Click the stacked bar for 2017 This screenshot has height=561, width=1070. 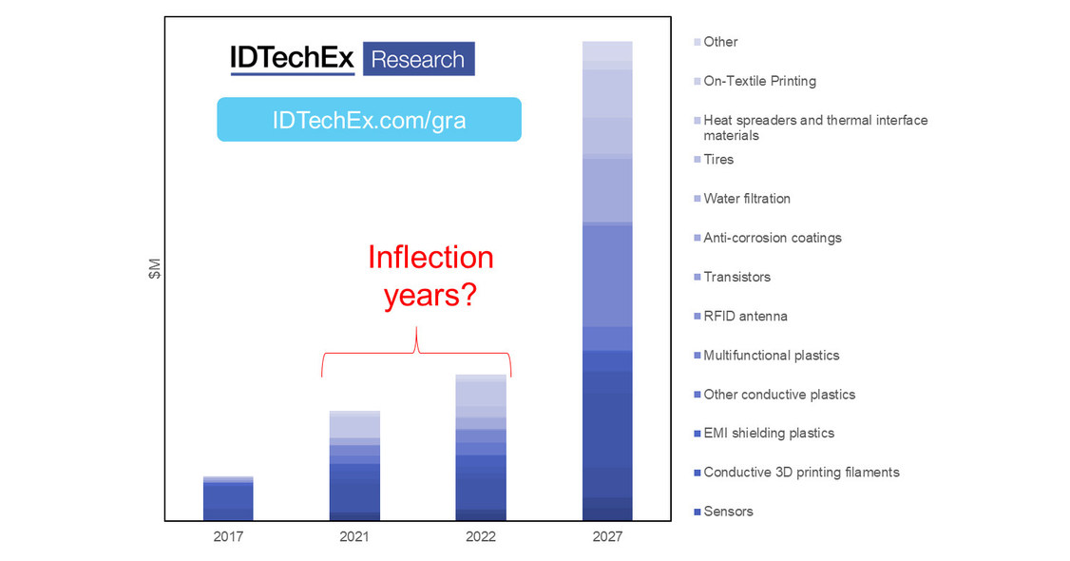pyautogui.click(x=228, y=498)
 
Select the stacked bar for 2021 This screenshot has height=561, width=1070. pyautogui.click(x=354, y=466)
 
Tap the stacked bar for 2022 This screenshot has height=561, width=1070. pyautogui.click(x=481, y=448)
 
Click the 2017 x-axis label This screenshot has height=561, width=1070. pyautogui.click(x=228, y=537)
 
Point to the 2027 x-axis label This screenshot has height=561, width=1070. pyautogui.click(x=607, y=537)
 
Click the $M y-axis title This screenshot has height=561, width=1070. pyautogui.click(x=156, y=270)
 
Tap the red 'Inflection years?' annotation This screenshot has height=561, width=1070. pyautogui.click(x=430, y=276)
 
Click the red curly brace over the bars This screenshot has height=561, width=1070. pyautogui.click(x=416, y=352)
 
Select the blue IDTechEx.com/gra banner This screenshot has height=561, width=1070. pyautogui.click(x=369, y=120)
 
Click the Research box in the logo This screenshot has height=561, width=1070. pyautogui.click(x=417, y=59)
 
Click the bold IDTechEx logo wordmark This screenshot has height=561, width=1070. pyautogui.click(x=292, y=59)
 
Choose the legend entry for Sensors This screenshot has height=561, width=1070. pyautogui.click(x=728, y=512)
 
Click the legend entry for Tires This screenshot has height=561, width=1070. pyautogui.click(x=718, y=160)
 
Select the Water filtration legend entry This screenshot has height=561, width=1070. pyautogui.click(x=746, y=199)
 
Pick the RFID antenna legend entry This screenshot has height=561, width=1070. pyautogui.click(x=745, y=316)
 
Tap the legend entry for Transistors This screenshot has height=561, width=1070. pyautogui.click(x=736, y=277)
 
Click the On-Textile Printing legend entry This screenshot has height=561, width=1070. pyautogui.click(x=759, y=81)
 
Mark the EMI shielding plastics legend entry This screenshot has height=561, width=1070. pyautogui.click(x=768, y=433)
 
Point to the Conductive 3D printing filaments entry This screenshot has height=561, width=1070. pyautogui.click(x=800, y=473)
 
